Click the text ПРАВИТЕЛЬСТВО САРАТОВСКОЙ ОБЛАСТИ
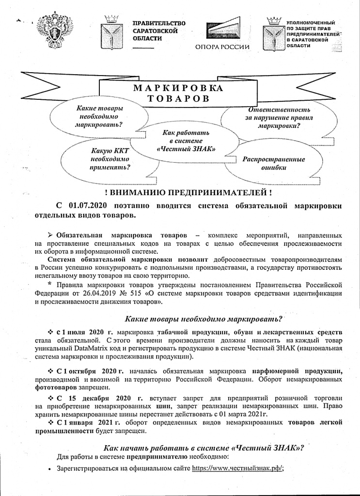click(159, 31)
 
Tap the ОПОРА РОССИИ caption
click(222, 47)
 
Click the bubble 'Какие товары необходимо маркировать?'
click(99, 116)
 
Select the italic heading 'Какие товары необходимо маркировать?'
click(203, 319)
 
